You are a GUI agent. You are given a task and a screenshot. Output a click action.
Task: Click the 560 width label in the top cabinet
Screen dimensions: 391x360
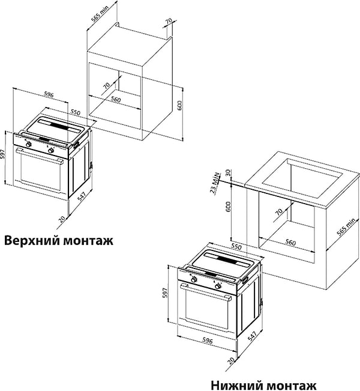116,100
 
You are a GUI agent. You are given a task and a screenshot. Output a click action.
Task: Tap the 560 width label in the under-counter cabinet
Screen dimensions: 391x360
290,243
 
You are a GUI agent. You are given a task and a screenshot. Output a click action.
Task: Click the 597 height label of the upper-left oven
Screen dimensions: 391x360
3,155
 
